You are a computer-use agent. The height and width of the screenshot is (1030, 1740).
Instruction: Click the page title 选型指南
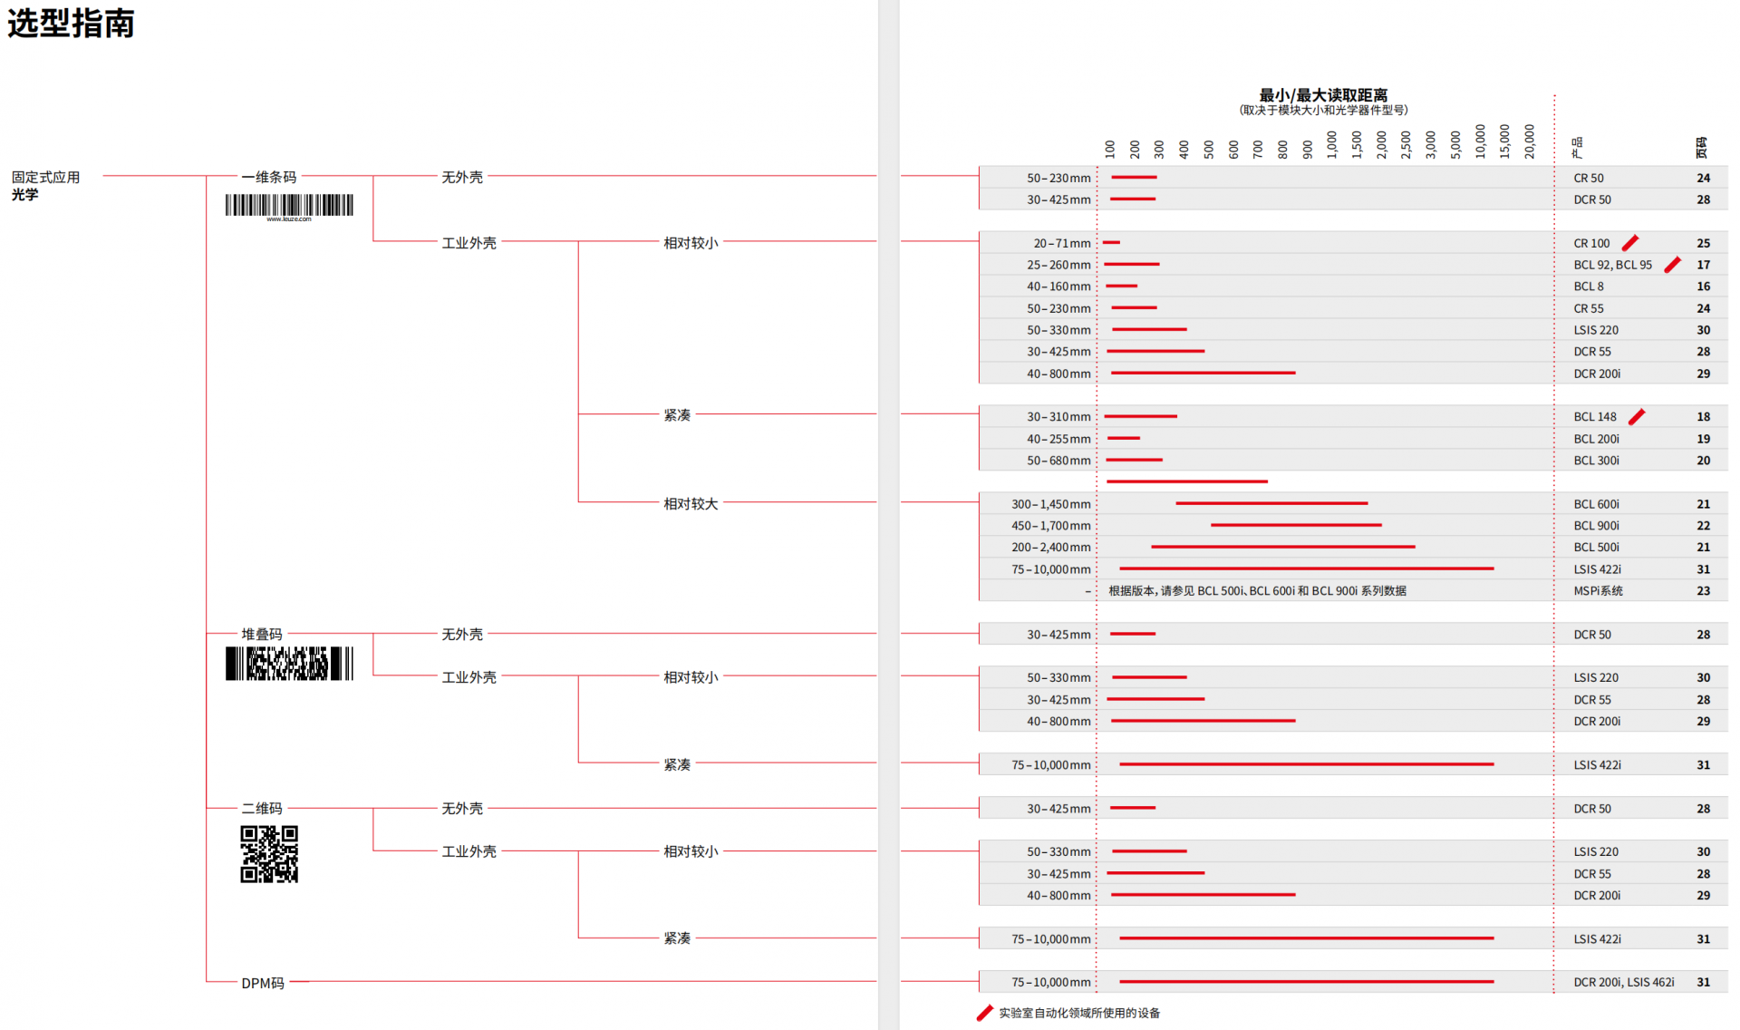point(71,23)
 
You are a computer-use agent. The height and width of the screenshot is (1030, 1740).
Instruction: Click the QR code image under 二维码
point(269,854)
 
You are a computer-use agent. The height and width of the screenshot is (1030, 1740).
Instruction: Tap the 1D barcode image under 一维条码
point(289,206)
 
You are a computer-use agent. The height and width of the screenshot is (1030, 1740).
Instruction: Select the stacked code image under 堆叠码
point(289,664)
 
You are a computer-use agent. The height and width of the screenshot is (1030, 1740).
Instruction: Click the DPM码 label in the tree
point(263,983)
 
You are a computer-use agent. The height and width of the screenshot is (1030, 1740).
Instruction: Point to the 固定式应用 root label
point(45,177)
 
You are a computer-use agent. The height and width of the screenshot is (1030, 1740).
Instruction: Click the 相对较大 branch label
point(691,503)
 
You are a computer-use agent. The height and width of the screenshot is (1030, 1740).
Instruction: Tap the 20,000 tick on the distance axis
point(1530,141)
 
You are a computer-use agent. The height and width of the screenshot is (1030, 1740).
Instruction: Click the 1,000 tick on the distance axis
point(1332,143)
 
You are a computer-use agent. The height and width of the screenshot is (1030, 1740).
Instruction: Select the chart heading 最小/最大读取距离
point(1323,95)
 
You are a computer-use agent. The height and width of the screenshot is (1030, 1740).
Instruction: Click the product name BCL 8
point(1589,287)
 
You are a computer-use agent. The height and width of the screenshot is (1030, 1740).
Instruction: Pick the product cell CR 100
point(1591,243)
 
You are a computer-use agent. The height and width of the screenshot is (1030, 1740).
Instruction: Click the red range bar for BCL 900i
point(1296,525)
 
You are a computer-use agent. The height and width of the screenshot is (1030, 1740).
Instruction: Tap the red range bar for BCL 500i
point(1282,547)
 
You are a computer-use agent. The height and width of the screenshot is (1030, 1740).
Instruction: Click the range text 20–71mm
point(1061,243)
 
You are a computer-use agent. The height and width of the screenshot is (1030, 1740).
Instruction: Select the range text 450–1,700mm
point(1050,526)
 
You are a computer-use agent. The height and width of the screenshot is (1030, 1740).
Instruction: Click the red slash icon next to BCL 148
point(1637,416)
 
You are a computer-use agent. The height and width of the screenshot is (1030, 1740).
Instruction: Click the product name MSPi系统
point(1598,591)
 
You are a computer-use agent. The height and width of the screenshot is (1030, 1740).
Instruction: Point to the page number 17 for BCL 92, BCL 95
point(1704,265)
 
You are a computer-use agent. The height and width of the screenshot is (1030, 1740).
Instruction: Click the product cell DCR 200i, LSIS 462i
point(1623,982)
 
